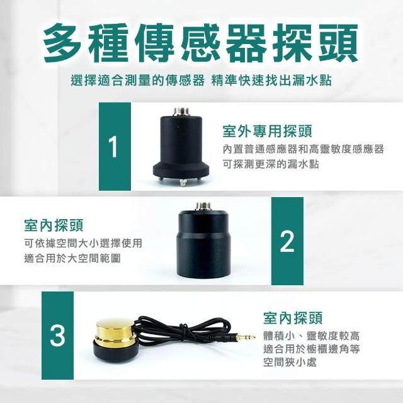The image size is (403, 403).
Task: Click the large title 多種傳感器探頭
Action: tap(200, 43)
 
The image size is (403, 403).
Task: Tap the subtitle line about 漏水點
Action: tap(201, 81)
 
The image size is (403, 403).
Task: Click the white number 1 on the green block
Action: tap(113, 147)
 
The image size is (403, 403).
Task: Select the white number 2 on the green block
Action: tap(287, 241)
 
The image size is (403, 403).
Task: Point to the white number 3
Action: tap(57, 336)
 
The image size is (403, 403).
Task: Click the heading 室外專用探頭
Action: tap(267, 131)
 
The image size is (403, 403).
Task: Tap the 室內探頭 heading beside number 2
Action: tap(54, 225)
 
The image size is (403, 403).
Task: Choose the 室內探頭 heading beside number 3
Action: tap(293, 318)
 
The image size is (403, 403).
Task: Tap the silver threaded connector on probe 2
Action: tap(203, 206)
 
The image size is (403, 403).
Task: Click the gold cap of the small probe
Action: tap(115, 330)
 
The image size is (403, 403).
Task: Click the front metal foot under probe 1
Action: tap(182, 183)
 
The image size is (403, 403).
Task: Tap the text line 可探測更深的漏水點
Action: tap(271, 164)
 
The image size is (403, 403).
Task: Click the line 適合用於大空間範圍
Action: tap(72, 258)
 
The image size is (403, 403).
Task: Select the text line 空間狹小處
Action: tap(290, 363)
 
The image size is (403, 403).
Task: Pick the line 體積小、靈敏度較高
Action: tap(312, 336)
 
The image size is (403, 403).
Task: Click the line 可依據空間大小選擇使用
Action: tap(83, 242)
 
